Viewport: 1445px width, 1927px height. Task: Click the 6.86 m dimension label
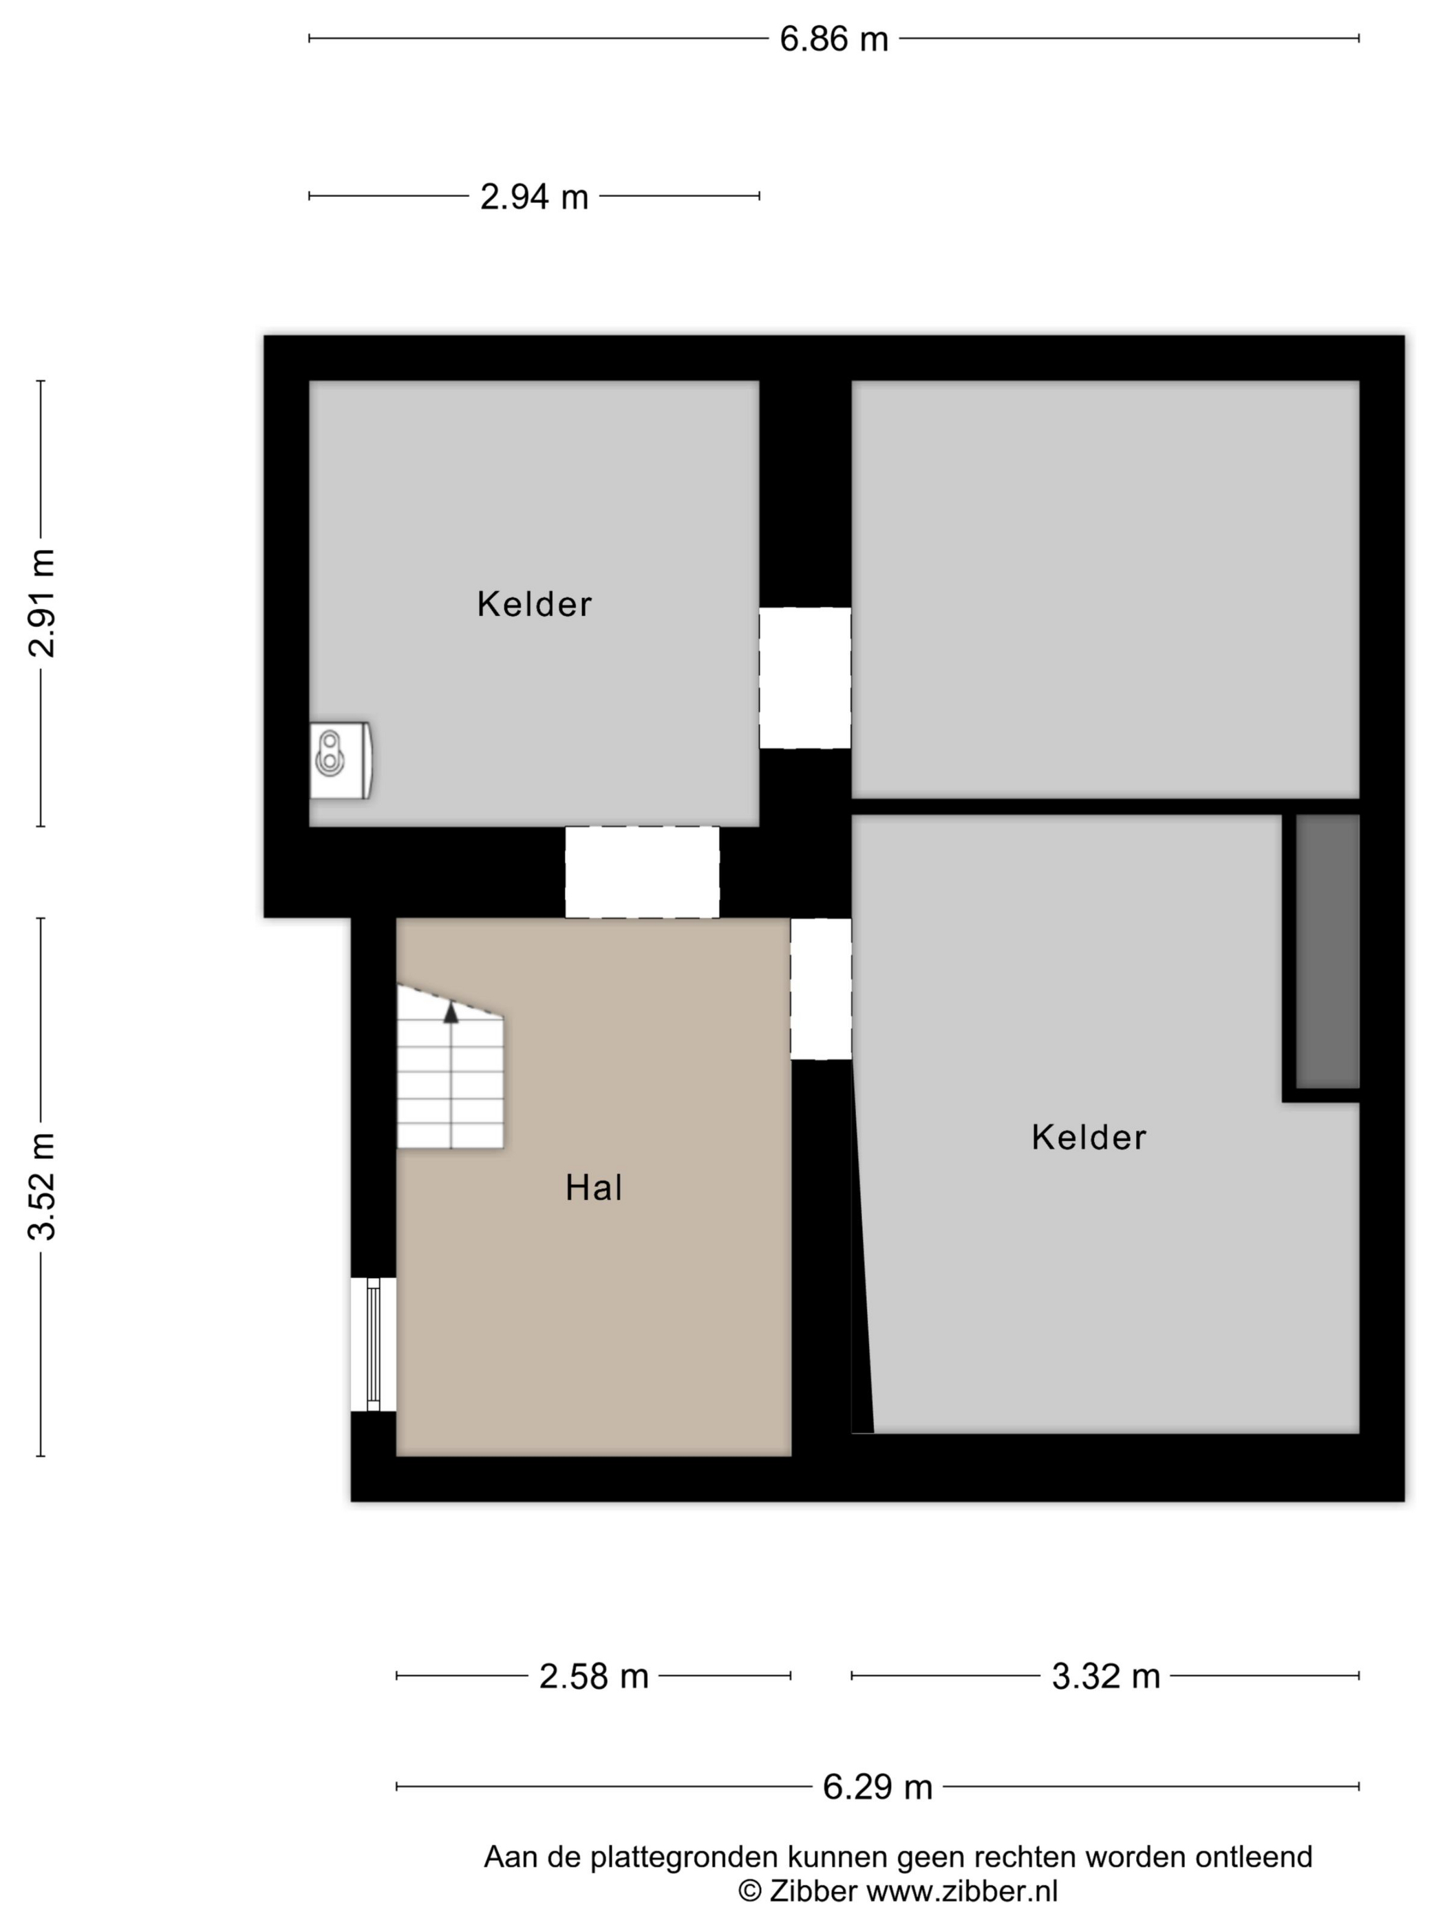pyautogui.click(x=833, y=40)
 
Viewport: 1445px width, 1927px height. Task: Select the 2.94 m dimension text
pyautogui.click(x=534, y=198)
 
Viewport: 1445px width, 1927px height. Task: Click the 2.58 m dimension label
pyautogui.click(x=593, y=1676)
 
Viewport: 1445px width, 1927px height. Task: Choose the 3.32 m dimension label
pyautogui.click(x=1105, y=1676)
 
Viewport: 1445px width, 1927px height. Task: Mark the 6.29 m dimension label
pyautogui.click(x=877, y=1787)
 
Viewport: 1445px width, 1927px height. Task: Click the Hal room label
pyautogui.click(x=593, y=1189)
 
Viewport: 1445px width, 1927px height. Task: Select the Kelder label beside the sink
pyautogui.click(x=534, y=604)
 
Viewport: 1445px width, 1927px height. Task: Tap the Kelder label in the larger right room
pyautogui.click(x=1089, y=1138)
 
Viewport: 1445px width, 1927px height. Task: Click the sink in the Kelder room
pyautogui.click(x=341, y=760)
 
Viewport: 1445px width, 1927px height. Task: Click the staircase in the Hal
pyautogui.click(x=450, y=1066)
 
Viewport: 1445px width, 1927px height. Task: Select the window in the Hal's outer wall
pyautogui.click(x=374, y=1344)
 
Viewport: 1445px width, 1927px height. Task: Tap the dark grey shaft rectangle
pyautogui.click(x=1327, y=951)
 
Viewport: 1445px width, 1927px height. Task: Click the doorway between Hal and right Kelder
pyautogui.click(x=820, y=989)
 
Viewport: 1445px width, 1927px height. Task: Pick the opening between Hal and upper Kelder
pyautogui.click(x=642, y=872)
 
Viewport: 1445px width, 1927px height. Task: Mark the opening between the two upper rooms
pyautogui.click(x=805, y=678)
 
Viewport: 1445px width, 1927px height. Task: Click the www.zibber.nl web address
pyautogui.click(x=961, y=1891)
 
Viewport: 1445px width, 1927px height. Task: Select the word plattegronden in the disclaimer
pyautogui.click(x=685, y=1857)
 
